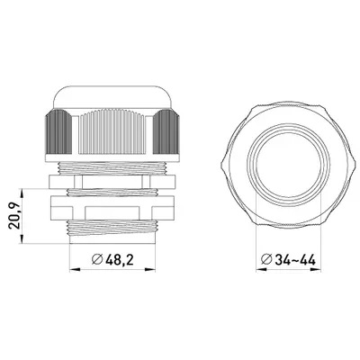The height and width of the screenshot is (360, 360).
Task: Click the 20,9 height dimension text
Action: pyautogui.click(x=15, y=216)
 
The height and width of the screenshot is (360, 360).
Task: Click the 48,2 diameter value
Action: pyautogui.click(x=120, y=259)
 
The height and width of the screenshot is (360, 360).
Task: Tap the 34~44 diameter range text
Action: pyautogui.click(x=295, y=259)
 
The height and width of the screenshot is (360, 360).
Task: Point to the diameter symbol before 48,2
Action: pyautogui.click(x=97, y=259)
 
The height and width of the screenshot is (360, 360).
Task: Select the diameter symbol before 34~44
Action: pyautogui.click(x=267, y=259)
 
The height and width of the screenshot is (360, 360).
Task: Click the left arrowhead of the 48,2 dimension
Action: pyautogui.click(x=76, y=270)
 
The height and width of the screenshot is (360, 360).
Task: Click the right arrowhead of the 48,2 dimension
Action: pyautogui.click(x=149, y=270)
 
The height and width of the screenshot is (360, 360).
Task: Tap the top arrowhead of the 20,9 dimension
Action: pyautogui.click(x=22, y=193)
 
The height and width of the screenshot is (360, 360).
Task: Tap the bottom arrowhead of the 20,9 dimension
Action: pyautogui.click(x=22, y=238)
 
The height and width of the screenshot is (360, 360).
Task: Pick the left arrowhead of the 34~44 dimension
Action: pyautogui.click(x=261, y=270)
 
